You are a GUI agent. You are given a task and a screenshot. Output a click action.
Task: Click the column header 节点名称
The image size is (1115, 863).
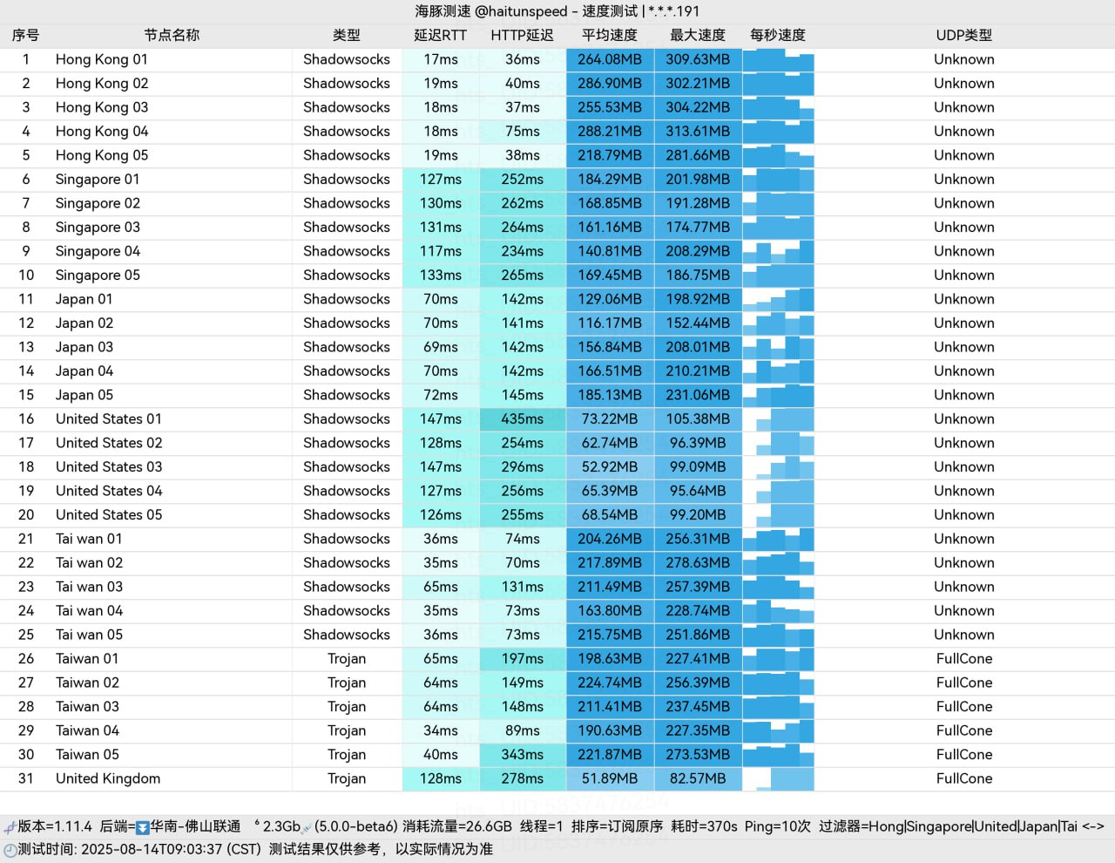click(172, 35)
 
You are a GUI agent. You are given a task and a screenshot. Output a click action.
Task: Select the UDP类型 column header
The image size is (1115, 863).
click(963, 35)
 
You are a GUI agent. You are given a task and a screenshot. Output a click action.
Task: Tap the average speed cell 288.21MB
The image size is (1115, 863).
click(610, 131)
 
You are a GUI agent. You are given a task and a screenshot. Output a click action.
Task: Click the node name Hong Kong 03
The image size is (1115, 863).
click(102, 107)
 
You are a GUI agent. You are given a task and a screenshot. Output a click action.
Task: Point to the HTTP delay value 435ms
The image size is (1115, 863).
click(522, 418)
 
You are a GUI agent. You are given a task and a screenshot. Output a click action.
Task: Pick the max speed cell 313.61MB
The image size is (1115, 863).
click(698, 131)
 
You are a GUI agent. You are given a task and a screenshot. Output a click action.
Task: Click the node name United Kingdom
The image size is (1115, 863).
click(108, 778)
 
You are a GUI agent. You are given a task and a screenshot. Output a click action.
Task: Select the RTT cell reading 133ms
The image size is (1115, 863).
click(441, 275)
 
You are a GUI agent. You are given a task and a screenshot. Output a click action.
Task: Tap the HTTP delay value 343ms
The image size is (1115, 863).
click(522, 754)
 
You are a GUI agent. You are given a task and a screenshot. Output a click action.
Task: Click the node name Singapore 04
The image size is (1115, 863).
click(98, 251)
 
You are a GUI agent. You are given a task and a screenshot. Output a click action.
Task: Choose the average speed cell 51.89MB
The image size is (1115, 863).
click(610, 778)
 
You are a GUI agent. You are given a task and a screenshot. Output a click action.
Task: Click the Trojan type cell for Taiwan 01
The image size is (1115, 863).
click(347, 658)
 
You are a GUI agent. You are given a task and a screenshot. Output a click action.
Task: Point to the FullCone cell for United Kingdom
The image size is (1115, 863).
click(963, 778)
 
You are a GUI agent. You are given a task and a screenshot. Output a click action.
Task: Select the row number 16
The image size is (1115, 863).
click(26, 418)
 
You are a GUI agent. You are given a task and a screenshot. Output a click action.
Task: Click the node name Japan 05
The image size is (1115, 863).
click(84, 395)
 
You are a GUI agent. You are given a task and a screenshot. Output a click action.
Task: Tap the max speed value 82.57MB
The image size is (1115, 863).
click(698, 778)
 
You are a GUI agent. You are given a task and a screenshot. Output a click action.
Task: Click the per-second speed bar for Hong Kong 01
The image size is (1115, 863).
click(778, 59)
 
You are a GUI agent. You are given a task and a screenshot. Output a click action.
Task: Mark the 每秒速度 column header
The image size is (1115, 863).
click(778, 35)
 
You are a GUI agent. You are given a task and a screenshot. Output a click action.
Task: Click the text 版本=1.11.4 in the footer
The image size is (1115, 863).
click(55, 826)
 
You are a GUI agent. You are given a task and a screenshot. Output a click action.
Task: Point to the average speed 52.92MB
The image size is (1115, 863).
click(610, 466)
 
